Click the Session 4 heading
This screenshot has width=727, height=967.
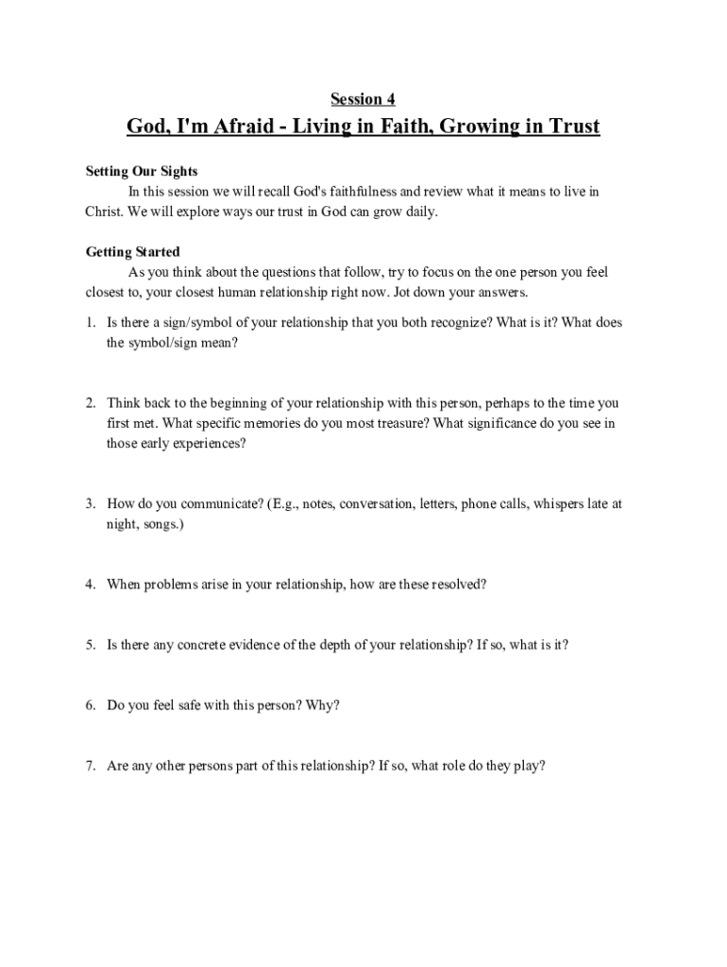coord(363,99)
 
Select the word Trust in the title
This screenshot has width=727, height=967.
coord(568,127)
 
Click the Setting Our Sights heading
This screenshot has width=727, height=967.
coord(142,171)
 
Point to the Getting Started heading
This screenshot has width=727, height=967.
coord(133,252)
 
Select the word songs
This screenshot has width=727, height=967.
coord(162,523)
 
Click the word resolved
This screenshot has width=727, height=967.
coord(458,584)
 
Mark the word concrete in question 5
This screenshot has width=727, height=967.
coord(195,645)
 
